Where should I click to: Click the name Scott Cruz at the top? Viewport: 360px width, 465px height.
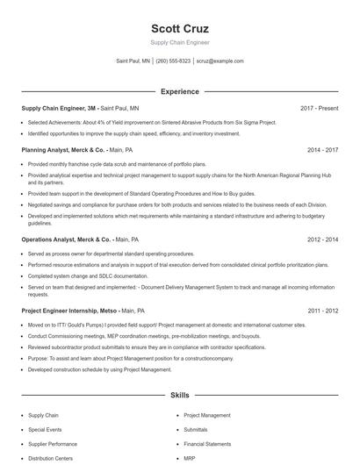(179, 28)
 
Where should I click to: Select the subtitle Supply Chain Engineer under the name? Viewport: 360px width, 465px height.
(179, 42)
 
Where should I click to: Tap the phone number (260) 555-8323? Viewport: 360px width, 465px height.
(173, 61)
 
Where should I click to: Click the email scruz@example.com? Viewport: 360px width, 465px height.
(220, 61)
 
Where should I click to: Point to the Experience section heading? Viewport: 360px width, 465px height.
(179, 91)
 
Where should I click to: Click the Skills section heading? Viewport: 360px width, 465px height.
(179, 396)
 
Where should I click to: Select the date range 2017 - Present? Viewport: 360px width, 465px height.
(319, 108)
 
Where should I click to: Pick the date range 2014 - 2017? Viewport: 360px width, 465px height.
(322, 150)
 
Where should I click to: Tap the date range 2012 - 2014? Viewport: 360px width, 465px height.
(322, 239)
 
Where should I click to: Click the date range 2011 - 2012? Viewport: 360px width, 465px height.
(322, 310)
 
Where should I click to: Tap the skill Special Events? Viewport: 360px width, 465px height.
(45, 430)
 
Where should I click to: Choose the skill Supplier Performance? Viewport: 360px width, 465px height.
(53, 444)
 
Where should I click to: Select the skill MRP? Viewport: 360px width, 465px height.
(190, 458)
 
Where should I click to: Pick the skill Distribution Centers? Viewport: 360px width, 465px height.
(50, 458)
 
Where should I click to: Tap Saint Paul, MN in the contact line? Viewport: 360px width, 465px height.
(133, 61)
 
